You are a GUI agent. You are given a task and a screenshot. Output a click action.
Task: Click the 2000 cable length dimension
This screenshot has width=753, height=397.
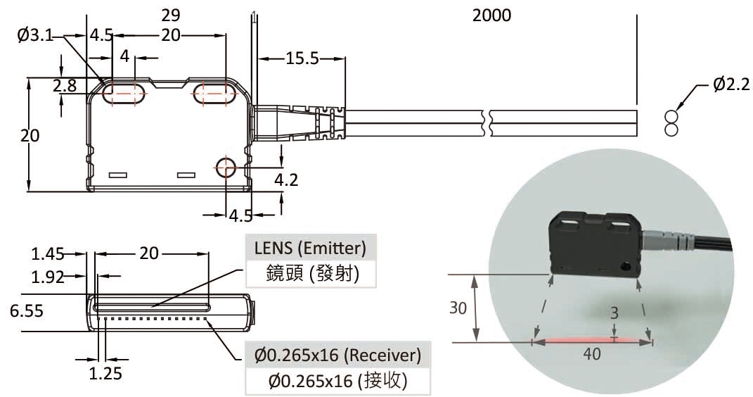coord(491,15)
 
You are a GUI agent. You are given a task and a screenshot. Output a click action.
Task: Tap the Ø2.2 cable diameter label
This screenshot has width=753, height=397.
coord(731,84)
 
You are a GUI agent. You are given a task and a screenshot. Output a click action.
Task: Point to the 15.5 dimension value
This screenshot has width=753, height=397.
coord(302,59)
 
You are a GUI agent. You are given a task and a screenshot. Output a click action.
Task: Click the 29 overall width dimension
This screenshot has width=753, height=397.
coord(170,15)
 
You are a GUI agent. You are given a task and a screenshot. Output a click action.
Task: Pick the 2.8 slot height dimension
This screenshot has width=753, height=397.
coord(64,86)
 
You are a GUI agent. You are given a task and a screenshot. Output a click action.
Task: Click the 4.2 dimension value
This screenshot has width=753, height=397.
coord(286,179)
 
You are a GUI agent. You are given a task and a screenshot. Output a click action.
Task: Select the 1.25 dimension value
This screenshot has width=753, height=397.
coord(105,373)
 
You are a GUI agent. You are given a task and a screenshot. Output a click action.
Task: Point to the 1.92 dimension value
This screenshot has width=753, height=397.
coord(48,277)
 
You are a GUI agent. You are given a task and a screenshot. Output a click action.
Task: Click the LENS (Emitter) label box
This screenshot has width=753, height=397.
coord(310,248)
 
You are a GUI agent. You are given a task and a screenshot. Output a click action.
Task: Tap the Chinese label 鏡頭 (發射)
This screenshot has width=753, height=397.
coord(310,273)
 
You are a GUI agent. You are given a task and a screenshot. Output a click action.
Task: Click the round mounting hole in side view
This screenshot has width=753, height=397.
coord(226,168)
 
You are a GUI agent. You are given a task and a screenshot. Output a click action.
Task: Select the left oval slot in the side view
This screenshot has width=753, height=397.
coord(124,95)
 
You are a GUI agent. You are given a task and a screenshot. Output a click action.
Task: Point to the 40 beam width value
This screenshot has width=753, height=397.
coord(592,354)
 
